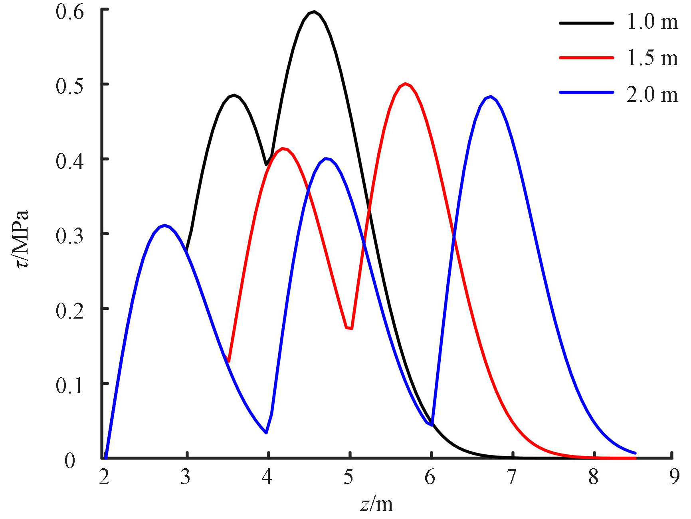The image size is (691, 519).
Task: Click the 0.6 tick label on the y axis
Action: click(70, 12)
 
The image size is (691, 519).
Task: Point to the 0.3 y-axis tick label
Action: click(70, 236)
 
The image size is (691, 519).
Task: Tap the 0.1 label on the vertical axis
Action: click(70, 385)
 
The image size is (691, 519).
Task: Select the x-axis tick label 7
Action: click(511, 477)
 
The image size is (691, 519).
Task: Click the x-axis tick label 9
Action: click(674, 477)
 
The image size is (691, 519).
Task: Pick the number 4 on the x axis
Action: click(267, 477)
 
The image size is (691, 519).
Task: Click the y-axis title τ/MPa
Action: click(21, 239)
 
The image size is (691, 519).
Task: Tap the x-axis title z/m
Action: click(376, 504)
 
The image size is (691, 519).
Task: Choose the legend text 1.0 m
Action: click(652, 22)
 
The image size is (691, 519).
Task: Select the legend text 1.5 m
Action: click(652, 58)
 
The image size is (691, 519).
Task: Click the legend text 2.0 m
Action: click(652, 95)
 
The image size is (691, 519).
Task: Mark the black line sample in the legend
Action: click(586, 23)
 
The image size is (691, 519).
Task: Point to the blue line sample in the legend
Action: click(586, 92)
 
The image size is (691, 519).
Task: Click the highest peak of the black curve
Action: click(314, 12)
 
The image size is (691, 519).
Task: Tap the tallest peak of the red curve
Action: click(405, 84)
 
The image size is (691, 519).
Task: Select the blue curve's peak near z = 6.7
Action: click(491, 97)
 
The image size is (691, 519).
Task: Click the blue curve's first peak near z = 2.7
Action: click(164, 226)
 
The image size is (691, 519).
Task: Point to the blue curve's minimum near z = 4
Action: click(266, 433)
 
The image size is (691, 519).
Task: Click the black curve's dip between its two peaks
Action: click(266, 164)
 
